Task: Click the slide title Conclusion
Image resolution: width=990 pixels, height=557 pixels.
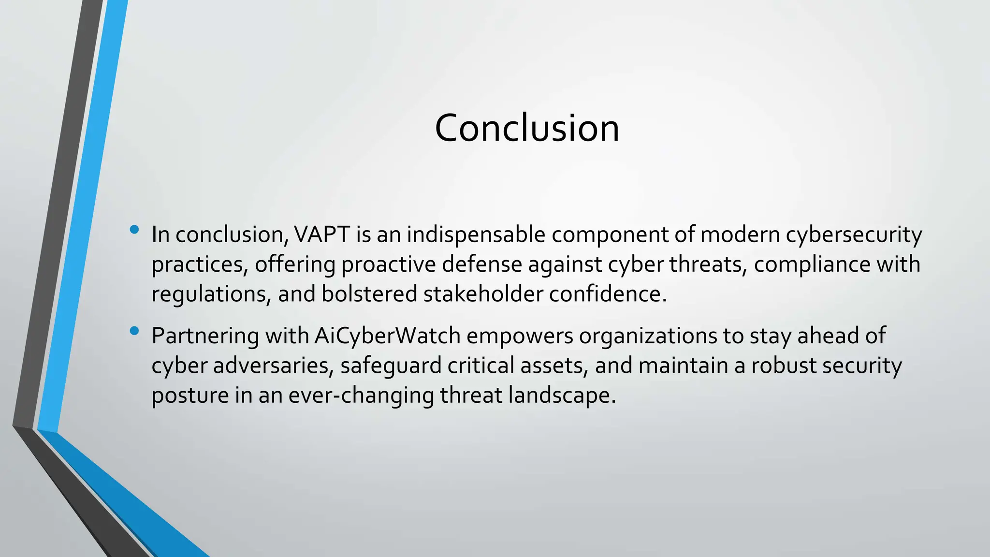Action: click(527, 128)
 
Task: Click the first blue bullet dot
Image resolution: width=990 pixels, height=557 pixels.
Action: click(134, 230)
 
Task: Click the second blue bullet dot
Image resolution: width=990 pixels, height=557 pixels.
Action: click(134, 331)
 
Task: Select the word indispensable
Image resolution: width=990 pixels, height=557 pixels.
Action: click(476, 235)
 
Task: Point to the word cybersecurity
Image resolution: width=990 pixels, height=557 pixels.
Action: click(854, 235)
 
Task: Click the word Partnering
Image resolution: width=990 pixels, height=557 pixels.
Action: click(205, 336)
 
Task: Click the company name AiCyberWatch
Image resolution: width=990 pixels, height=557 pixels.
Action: click(387, 336)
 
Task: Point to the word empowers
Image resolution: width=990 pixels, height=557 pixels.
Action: click(520, 336)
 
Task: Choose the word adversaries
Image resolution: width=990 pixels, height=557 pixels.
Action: click(273, 366)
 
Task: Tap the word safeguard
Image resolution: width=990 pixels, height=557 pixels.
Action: click(391, 366)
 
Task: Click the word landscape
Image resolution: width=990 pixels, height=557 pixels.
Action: click(562, 396)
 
